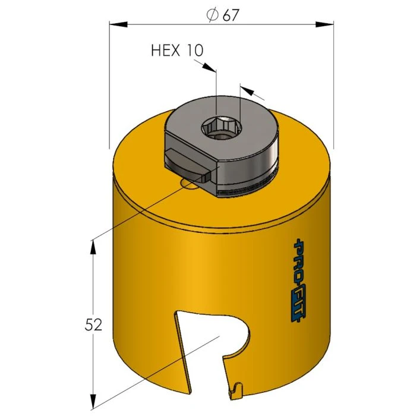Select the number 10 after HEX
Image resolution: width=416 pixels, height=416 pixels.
pos(195,51)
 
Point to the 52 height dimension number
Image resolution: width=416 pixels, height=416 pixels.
pos(93,324)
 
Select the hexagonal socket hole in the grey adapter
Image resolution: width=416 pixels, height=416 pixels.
pos(216,127)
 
